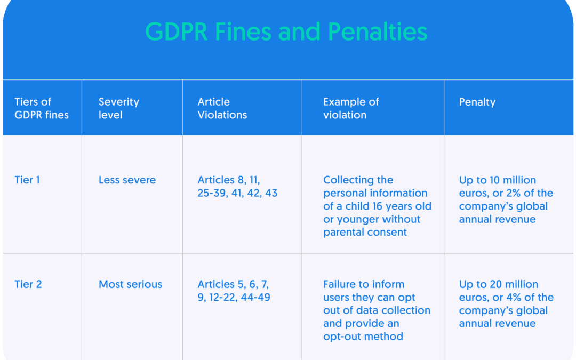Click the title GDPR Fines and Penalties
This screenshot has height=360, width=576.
click(286, 31)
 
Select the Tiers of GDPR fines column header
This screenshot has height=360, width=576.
click(42, 108)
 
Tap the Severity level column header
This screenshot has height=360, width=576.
click(118, 108)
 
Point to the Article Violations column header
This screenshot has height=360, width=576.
click(222, 108)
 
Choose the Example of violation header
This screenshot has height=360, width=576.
click(351, 108)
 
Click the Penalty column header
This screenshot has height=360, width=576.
click(477, 102)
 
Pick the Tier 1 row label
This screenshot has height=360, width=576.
click(27, 180)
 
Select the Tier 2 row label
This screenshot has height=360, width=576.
click(28, 284)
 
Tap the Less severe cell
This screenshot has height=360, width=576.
click(127, 180)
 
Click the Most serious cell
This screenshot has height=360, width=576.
click(131, 284)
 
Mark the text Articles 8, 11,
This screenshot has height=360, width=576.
click(228, 180)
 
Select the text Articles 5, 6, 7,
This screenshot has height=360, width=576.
click(233, 284)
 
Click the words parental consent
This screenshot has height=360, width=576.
click(365, 232)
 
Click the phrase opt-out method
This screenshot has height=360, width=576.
click(363, 337)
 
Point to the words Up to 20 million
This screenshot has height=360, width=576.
click(499, 284)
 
